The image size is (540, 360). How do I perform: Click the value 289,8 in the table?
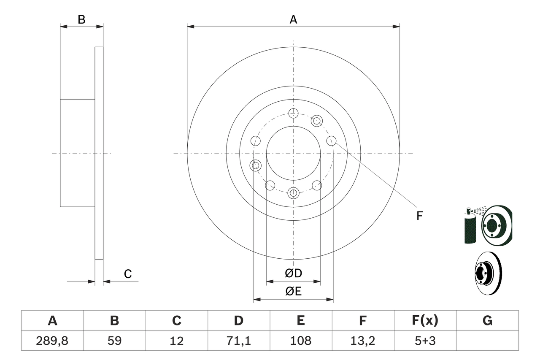52,341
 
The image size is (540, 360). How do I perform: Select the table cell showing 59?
114,341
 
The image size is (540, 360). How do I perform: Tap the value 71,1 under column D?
239,341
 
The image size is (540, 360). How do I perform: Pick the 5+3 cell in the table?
425,341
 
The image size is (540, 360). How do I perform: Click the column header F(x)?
425,321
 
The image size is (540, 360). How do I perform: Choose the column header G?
487,321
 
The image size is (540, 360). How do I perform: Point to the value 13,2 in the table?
362,341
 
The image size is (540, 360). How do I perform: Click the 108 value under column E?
300,341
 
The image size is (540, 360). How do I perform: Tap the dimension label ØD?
294,273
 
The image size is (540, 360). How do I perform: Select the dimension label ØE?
294,291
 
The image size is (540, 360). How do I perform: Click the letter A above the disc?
293,19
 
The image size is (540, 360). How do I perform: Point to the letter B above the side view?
82,19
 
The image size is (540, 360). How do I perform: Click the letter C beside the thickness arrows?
128,274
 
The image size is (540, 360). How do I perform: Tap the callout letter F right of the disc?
419,216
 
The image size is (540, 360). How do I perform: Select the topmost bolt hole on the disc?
293,113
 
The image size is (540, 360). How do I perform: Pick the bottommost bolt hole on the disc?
293,193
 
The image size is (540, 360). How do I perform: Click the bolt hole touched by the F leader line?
331,141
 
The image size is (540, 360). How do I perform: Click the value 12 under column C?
177,341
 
